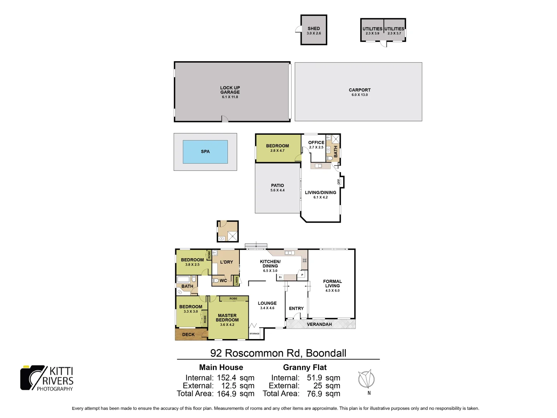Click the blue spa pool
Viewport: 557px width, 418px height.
pos(205,152)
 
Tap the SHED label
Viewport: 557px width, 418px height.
pos(314,29)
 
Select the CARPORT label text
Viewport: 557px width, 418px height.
pos(359,90)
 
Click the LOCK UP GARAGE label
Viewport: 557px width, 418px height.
pos(230,90)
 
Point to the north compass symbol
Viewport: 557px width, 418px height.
pos(366,379)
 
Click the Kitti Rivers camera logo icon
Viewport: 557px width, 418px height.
pos(32,378)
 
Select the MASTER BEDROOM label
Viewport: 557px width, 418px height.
pos(227,318)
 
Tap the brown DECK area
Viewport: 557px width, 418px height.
pos(188,334)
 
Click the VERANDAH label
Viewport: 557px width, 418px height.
pos(319,324)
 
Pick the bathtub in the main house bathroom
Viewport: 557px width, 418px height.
pos(183,279)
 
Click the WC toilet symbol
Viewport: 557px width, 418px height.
pos(216,281)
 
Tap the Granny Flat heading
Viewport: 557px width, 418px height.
pos(305,367)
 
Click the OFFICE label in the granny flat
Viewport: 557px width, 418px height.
pos(316,142)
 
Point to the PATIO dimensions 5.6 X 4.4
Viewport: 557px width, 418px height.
pos(277,190)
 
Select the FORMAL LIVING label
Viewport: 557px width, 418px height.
pos(332,284)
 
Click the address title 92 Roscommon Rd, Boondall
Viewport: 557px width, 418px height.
pos(278,353)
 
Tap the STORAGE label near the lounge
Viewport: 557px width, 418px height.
pos(255,334)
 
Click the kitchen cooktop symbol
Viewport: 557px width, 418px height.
pos(304,260)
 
